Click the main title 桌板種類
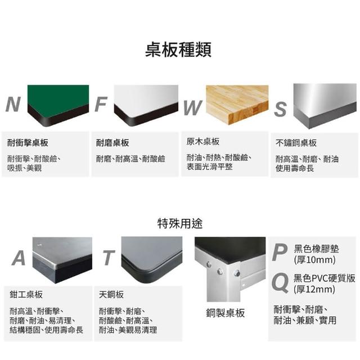[178, 49]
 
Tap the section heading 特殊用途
[180, 223]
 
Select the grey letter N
[13, 104]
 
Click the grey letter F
[101, 104]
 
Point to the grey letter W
[193, 107]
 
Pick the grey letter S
[280, 109]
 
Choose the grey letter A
[19, 258]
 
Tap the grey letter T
[109, 258]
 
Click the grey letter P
[280, 253]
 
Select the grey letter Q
[280, 283]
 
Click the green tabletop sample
[58, 105]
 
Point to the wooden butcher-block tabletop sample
[237, 105]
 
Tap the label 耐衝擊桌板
[28, 143]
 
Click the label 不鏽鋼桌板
[296, 143]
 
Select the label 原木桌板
[203, 142]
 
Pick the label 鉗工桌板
[26, 295]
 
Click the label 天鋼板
[111, 295]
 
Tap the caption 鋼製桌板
[226, 313]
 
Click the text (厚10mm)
[315, 260]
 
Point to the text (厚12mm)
[314, 289]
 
